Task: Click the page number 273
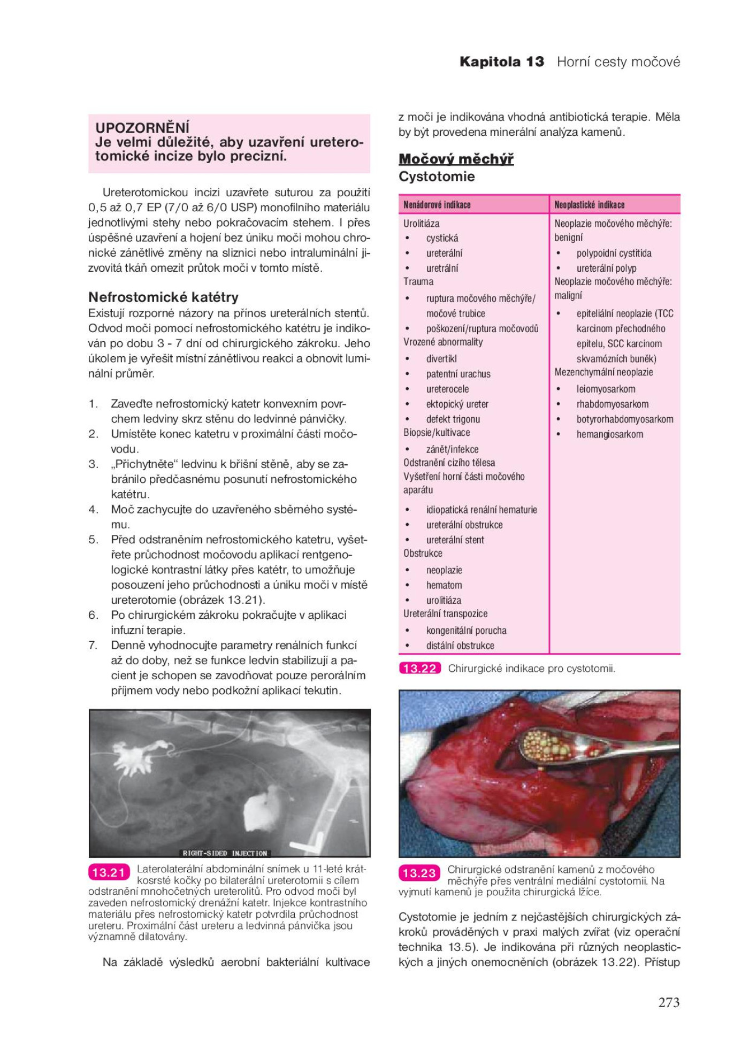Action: tap(669, 1002)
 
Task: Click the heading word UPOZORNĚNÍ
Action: tap(142, 128)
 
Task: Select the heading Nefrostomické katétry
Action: tap(163, 297)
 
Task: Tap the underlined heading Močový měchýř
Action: tap(456, 159)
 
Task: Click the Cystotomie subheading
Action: tap(437, 176)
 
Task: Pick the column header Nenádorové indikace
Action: tap(437, 205)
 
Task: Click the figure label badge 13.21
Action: tap(109, 872)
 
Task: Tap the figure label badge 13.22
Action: tap(420, 668)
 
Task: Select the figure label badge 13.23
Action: tap(419, 873)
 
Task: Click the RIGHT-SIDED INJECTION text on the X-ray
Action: tap(225, 853)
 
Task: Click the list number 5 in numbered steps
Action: tap(94, 540)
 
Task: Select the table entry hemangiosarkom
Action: tap(609, 434)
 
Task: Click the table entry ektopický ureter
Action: tap(457, 404)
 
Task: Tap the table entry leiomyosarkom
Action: tap(606, 389)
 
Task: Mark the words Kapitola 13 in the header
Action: tap(501, 62)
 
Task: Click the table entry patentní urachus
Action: tap(458, 374)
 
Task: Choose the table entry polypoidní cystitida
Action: tap(614, 254)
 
